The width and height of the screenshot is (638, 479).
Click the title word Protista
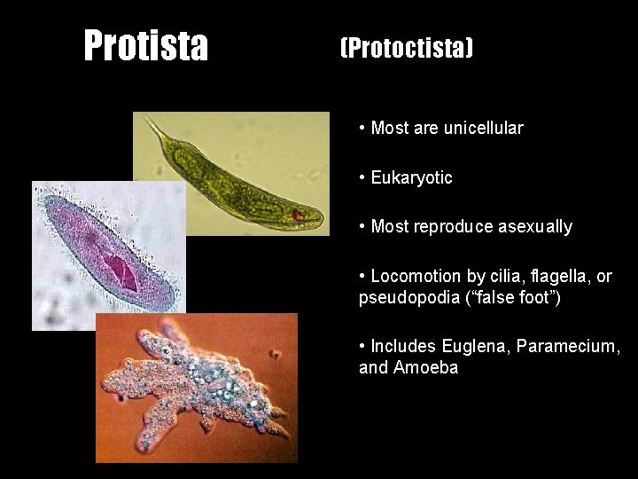pos(146,45)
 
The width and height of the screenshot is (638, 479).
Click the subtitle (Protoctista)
pos(407,48)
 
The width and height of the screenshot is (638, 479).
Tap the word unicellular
pos(483,128)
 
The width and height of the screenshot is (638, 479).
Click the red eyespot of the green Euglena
pos(299,214)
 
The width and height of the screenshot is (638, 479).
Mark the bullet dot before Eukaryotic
pos(363,177)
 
